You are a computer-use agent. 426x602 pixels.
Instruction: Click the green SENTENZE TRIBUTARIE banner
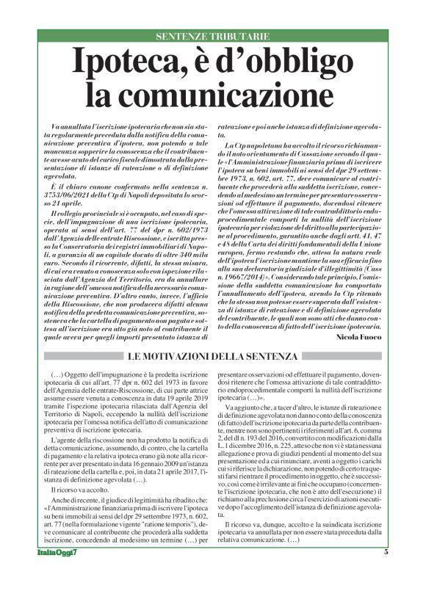pyautogui.click(x=213, y=36)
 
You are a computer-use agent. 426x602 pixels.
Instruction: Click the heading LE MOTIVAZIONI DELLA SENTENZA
pyautogui.click(x=213, y=358)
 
